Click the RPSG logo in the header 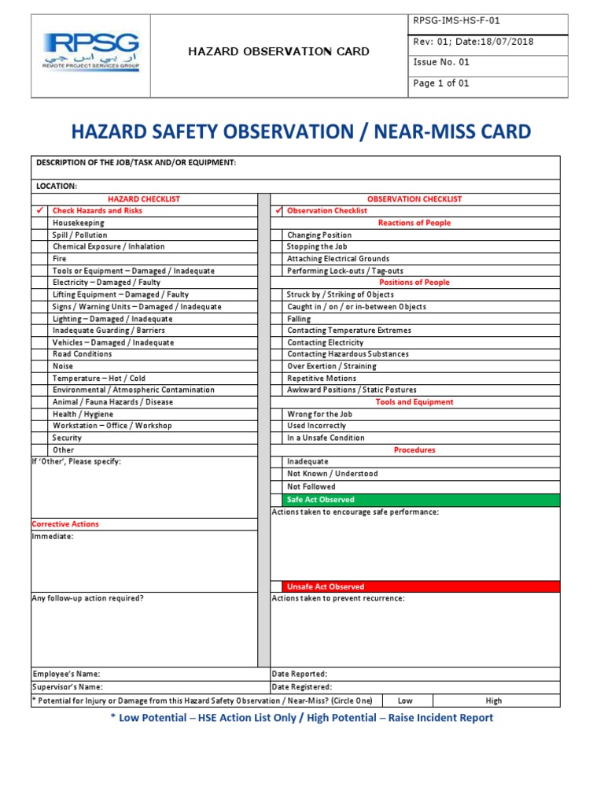click(91, 53)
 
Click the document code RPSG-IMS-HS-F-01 click(445, 21)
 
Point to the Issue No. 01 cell click(441, 62)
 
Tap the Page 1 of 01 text click(441, 83)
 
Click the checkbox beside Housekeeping click(40, 223)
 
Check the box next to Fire click(40, 258)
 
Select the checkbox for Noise click(40, 366)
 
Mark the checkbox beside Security click(40, 438)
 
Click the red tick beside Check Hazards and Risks click(40, 211)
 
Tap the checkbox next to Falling click(277, 319)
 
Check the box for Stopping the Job click(277, 246)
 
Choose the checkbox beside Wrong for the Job click(277, 414)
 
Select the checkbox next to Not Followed click(277, 486)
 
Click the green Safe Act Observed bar click(421, 500)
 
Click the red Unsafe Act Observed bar click(421, 586)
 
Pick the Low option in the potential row click(405, 701)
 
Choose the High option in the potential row click(494, 701)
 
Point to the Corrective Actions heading click(65, 524)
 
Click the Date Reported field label click(300, 674)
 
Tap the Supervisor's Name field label click(67, 687)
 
